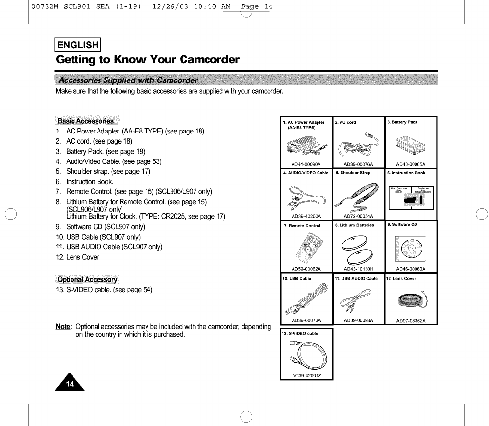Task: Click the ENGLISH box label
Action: coord(78,45)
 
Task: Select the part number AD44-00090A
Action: coord(305,164)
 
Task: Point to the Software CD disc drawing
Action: coord(411,248)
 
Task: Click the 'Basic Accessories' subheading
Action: coord(86,121)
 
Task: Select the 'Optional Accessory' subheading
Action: coord(87,280)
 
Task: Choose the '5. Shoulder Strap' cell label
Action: coord(353,173)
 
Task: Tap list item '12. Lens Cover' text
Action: coord(77,257)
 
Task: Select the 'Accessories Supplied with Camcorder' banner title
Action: coord(128,80)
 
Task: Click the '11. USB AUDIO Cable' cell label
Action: coord(356,278)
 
